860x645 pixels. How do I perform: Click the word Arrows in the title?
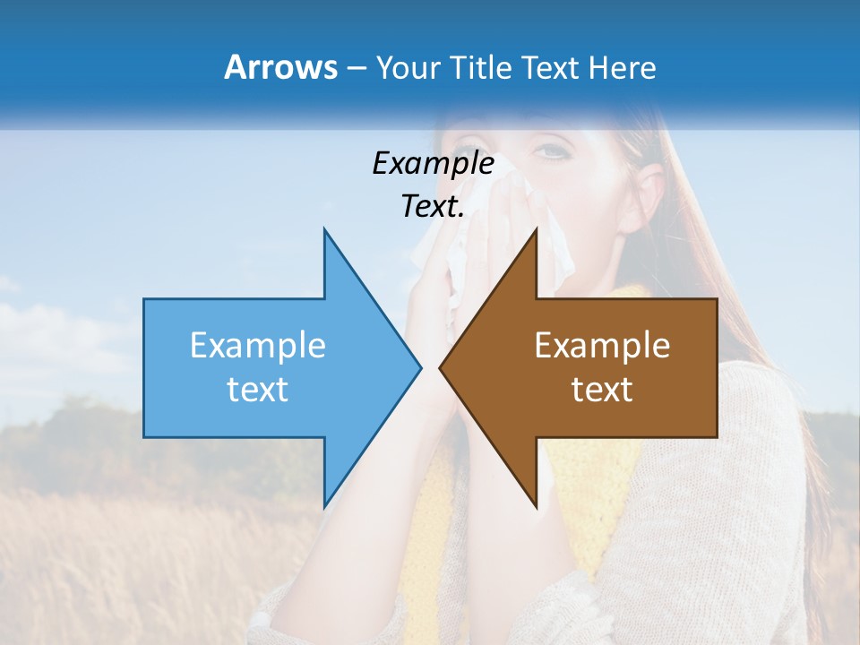tap(280, 67)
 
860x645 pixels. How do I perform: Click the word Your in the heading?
tap(408, 67)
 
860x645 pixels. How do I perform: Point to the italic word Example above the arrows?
tap(433, 164)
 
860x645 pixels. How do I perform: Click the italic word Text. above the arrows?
tap(432, 207)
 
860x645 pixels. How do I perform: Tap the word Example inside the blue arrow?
tap(258, 346)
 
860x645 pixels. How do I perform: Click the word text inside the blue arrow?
tap(258, 390)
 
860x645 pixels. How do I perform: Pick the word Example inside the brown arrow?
tap(602, 346)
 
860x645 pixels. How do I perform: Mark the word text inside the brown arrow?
tap(602, 390)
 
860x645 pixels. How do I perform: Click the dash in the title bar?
tap(356, 67)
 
